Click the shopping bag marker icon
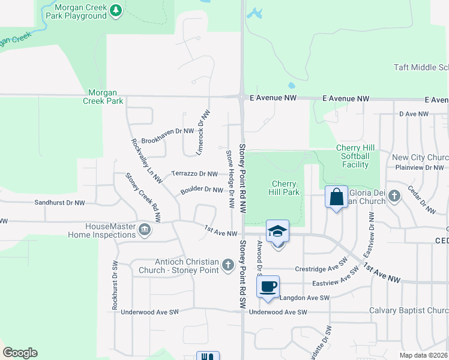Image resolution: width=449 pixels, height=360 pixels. tap(337, 196)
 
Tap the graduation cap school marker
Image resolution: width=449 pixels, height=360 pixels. tap(278, 231)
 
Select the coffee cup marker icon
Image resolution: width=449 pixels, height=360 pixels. tap(268, 286)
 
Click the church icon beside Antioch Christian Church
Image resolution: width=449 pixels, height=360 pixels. tap(228, 265)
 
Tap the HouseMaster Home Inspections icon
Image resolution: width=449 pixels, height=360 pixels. tap(144, 230)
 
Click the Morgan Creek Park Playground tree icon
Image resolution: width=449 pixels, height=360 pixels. tap(117, 10)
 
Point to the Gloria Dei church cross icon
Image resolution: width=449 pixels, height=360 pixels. tap(394, 196)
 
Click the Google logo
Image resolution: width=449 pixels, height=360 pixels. tap(20, 353)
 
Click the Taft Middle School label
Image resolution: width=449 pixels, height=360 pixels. tap(421, 67)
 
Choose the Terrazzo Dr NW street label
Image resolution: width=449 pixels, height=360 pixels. tap(194, 174)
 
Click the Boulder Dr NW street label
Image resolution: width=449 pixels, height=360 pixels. tap(202, 190)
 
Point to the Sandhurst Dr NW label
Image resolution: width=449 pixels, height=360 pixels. tap(59, 203)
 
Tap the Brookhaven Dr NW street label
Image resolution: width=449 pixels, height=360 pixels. tap(167, 131)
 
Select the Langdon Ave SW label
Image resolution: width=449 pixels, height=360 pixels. tap(305, 298)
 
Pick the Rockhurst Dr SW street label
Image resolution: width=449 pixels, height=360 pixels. tap(114, 285)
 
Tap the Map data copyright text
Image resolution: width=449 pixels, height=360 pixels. tap(424, 355)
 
